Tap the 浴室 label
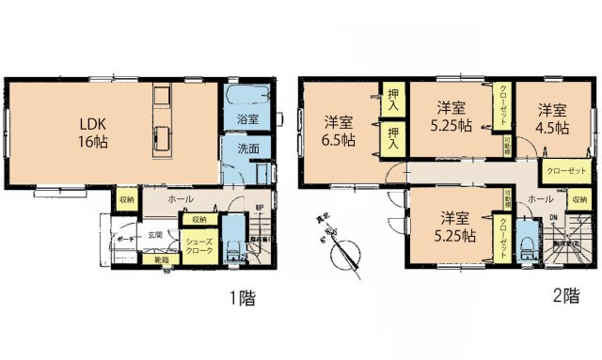point(247,119)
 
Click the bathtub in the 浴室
point(248,98)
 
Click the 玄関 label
point(154,235)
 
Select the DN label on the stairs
point(553,217)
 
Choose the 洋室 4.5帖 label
point(552,116)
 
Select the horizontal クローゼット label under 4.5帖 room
point(564,170)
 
